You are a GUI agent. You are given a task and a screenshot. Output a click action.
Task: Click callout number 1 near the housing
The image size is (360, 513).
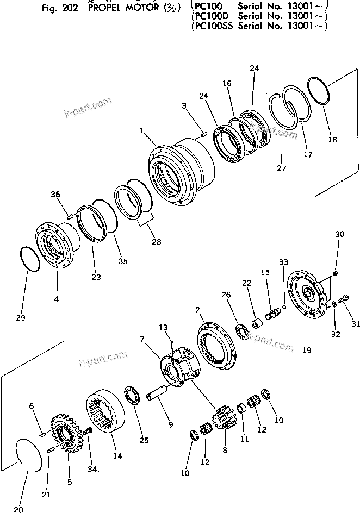click(142, 130)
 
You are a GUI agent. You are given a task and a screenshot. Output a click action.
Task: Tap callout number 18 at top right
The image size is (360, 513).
click(332, 140)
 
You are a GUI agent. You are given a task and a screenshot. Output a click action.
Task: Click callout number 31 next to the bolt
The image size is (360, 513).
click(356, 325)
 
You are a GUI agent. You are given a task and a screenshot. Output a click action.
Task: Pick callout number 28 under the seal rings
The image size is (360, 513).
click(157, 241)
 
